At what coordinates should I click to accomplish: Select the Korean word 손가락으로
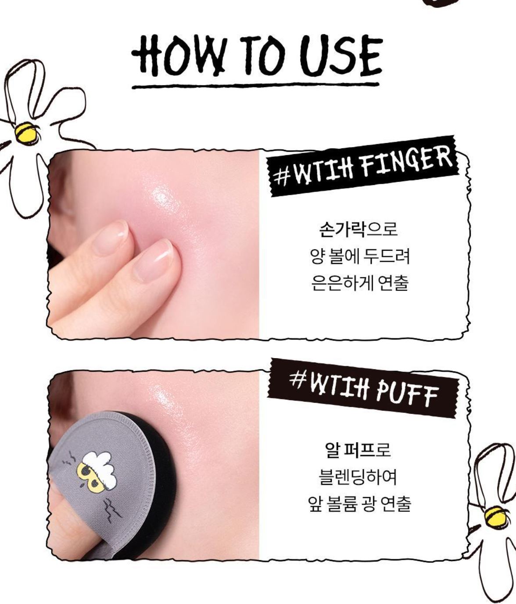pos(358,229)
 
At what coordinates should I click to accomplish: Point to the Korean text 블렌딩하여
pos(358,476)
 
